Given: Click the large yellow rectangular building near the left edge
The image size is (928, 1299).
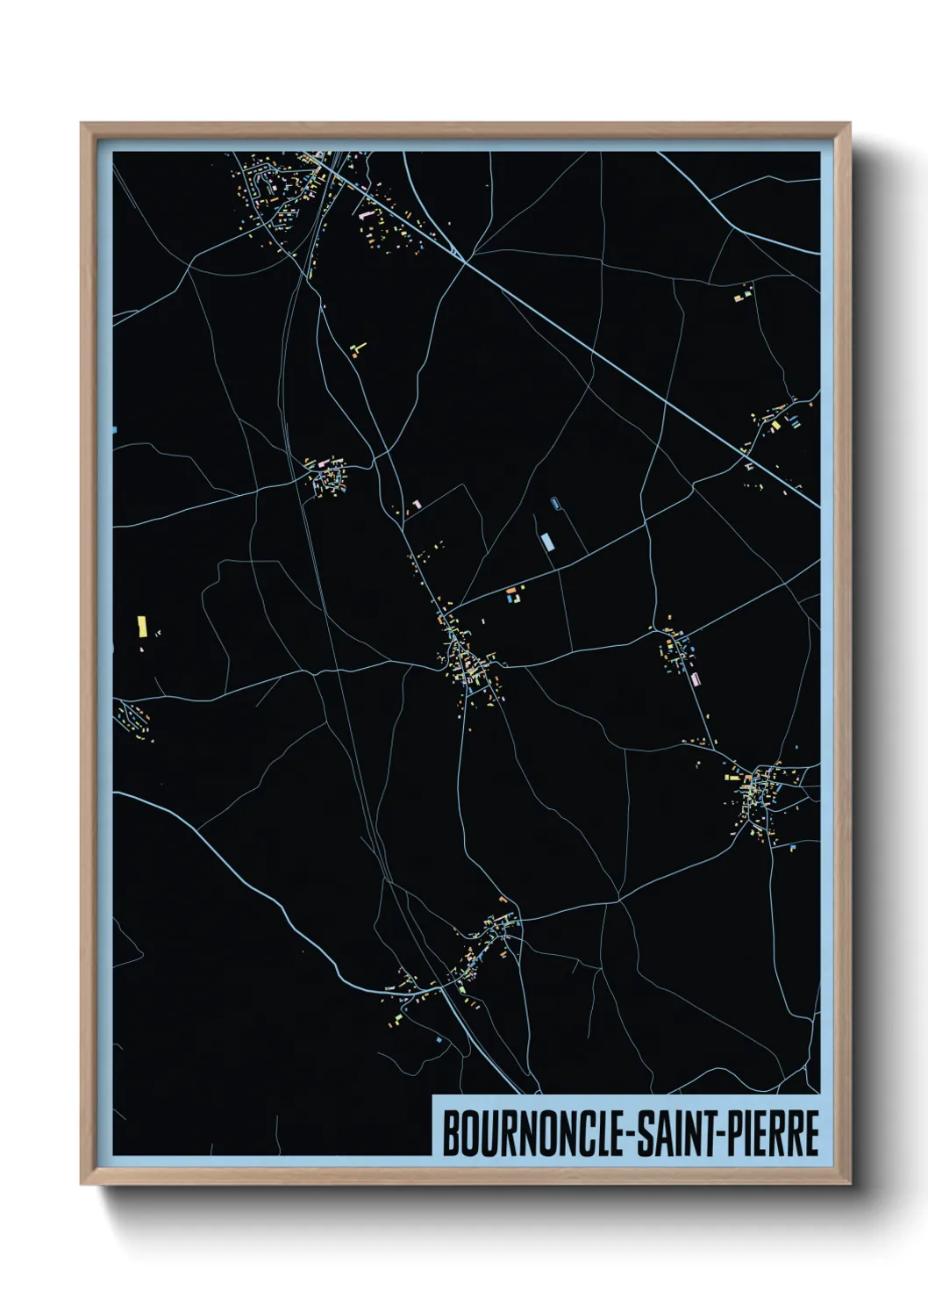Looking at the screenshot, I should point(142,626).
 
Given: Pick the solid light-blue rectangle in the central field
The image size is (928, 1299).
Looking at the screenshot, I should point(548,542).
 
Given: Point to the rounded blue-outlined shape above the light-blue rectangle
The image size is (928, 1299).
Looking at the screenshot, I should point(555,504).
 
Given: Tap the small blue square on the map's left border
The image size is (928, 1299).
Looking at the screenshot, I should point(114,430).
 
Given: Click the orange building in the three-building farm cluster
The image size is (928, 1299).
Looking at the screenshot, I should point(510,601).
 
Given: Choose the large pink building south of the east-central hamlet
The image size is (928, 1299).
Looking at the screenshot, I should point(696,678).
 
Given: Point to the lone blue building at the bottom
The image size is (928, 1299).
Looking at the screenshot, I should point(439,1039).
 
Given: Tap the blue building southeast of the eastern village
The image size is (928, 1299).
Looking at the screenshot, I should point(792,848).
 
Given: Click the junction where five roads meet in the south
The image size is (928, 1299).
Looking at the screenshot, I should point(618,900).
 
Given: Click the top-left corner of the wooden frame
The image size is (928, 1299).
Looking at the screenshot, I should point(82,125).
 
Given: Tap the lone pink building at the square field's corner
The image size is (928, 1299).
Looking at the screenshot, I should point(417,503).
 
